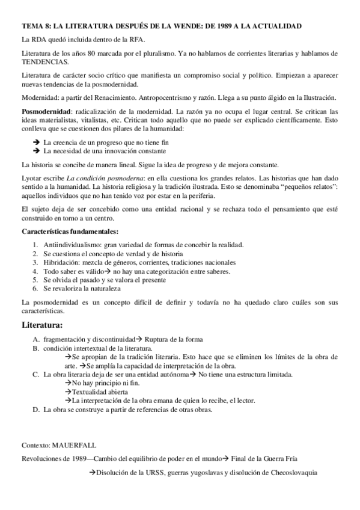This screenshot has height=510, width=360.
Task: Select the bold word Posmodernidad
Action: pos(46,112)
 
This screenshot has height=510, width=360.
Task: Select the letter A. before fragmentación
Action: pos(37,339)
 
